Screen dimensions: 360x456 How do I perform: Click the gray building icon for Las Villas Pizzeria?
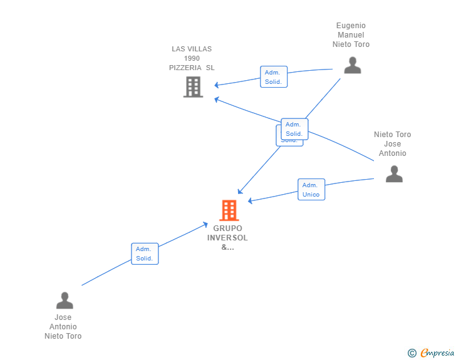193,87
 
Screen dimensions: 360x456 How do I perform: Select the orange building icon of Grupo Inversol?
229,210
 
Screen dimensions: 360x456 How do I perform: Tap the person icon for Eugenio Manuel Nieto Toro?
353,66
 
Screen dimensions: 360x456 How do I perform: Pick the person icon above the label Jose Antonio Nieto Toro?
65,301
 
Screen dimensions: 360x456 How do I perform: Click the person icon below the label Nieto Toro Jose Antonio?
394,174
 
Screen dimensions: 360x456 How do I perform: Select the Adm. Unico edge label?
311,190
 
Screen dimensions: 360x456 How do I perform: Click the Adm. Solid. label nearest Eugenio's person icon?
274,77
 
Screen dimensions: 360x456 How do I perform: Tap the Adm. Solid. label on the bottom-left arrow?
145,254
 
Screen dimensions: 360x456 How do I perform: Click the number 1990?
192,58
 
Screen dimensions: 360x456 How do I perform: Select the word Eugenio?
351,26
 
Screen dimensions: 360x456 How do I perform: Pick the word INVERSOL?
227,238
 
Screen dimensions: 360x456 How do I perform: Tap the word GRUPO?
227,229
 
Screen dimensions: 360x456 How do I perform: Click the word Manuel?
351,35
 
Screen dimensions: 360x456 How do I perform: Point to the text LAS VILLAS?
192,49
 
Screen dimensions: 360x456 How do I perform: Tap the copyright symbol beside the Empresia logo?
412,354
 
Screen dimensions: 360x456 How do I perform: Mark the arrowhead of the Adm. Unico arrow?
250,201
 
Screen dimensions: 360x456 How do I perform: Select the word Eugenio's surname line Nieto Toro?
351,44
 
